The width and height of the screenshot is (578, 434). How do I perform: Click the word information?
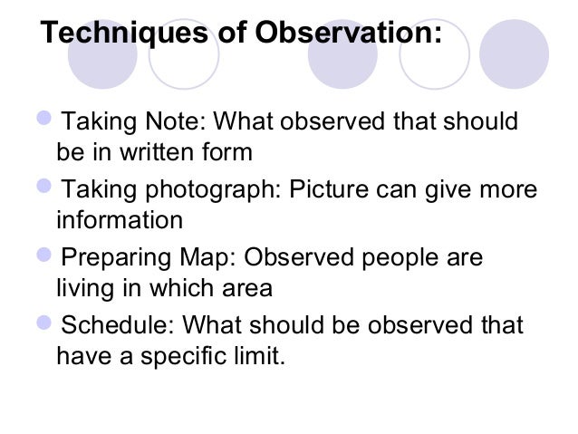(x=119, y=220)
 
